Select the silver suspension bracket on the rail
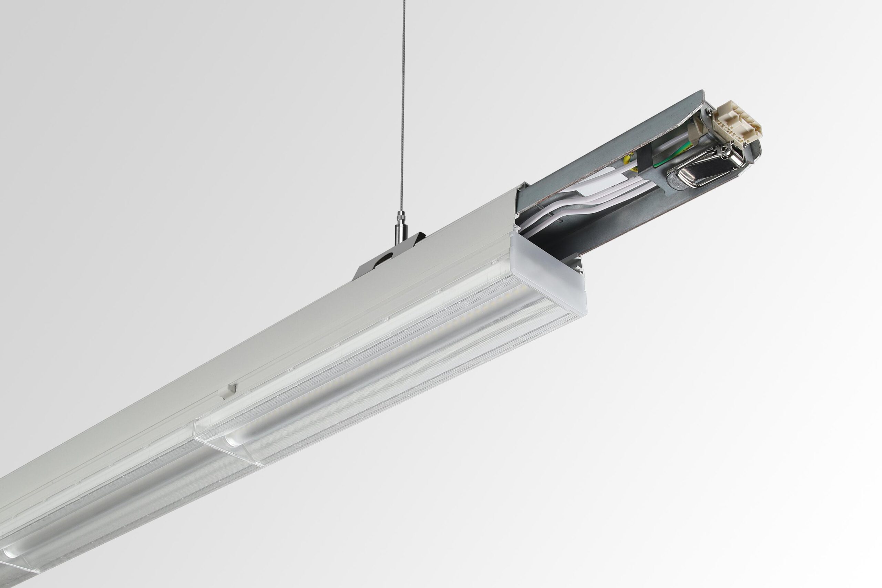(390, 259)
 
